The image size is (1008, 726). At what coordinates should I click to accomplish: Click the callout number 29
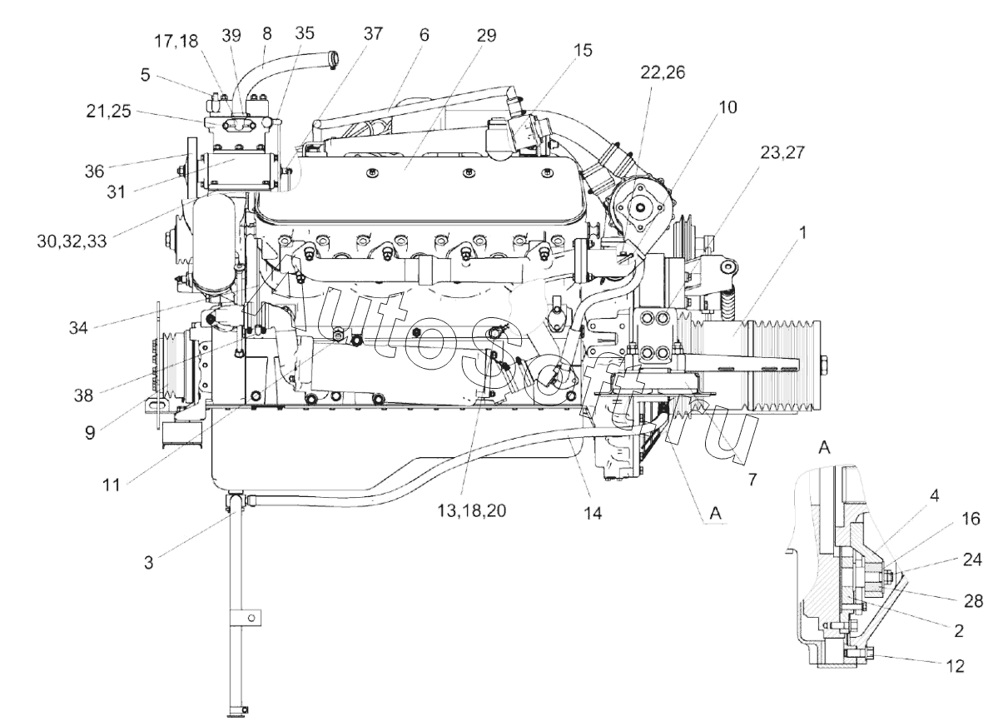pyautogui.click(x=486, y=35)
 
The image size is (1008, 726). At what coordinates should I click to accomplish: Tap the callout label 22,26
pyautogui.click(x=663, y=72)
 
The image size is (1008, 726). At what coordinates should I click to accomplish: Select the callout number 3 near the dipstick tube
pyautogui.click(x=148, y=563)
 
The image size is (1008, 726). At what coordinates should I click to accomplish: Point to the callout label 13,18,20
pyautogui.click(x=472, y=510)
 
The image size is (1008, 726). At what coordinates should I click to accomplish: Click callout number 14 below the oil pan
pyautogui.click(x=593, y=513)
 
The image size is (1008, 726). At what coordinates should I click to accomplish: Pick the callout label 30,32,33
pyautogui.click(x=72, y=241)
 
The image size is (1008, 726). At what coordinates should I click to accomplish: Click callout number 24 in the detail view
pyautogui.click(x=972, y=559)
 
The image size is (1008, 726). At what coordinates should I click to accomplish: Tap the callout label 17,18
pyautogui.click(x=176, y=41)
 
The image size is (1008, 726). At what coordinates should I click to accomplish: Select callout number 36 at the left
pyautogui.click(x=95, y=171)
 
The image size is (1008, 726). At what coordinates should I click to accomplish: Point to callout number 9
pyautogui.click(x=90, y=433)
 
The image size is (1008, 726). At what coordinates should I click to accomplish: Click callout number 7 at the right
pyautogui.click(x=752, y=480)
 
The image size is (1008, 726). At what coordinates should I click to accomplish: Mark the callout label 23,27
pyautogui.click(x=782, y=152)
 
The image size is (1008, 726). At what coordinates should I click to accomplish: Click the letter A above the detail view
pyautogui.click(x=824, y=447)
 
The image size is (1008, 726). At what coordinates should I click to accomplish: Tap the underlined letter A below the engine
pyautogui.click(x=716, y=514)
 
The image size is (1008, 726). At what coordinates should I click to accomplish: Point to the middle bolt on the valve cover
pyautogui.click(x=469, y=173)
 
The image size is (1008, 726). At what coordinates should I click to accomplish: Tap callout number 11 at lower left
pyautogui.click(x=112, y=485)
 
